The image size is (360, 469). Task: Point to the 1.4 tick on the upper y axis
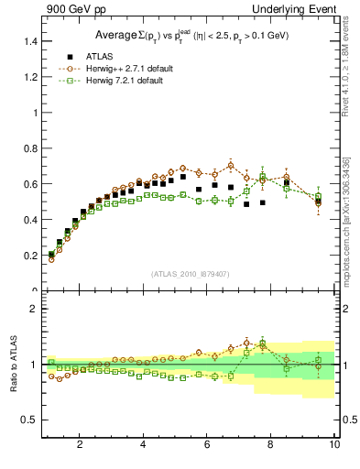click(30, 41)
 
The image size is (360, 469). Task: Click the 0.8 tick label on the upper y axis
click(30, 148)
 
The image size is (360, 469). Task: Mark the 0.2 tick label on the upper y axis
click(30, 256)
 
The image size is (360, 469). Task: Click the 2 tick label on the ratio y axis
click(34, 309)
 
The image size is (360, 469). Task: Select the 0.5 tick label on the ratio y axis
click(30, 420)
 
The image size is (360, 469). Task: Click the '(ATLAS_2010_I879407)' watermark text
click(190, 274)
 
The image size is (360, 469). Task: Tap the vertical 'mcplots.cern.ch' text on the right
click(345, 220)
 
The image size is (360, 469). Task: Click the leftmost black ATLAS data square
click(51, 255)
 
